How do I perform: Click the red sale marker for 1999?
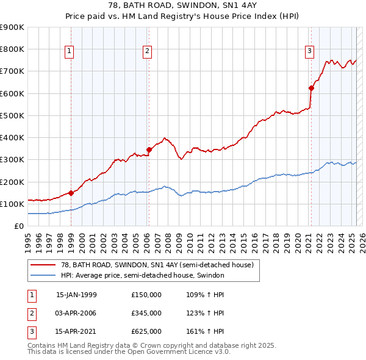(x=71, y=193)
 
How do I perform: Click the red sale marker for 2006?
(x=148, y=149)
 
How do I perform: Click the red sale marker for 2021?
(x=310, y=88)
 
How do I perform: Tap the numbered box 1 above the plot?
(x=70, y=51)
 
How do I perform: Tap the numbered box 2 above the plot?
(x=148, y=51)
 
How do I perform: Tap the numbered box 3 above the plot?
(x=310, y=51)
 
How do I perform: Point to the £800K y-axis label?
(x=13, y=49)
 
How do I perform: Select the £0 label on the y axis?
(x=19, y=226)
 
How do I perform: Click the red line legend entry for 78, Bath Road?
(x=152, y=264)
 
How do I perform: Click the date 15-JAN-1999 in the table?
(x=76, y=295)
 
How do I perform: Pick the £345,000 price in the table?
(x=146, y=313)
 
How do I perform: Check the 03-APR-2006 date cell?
(x=76, y=313)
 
